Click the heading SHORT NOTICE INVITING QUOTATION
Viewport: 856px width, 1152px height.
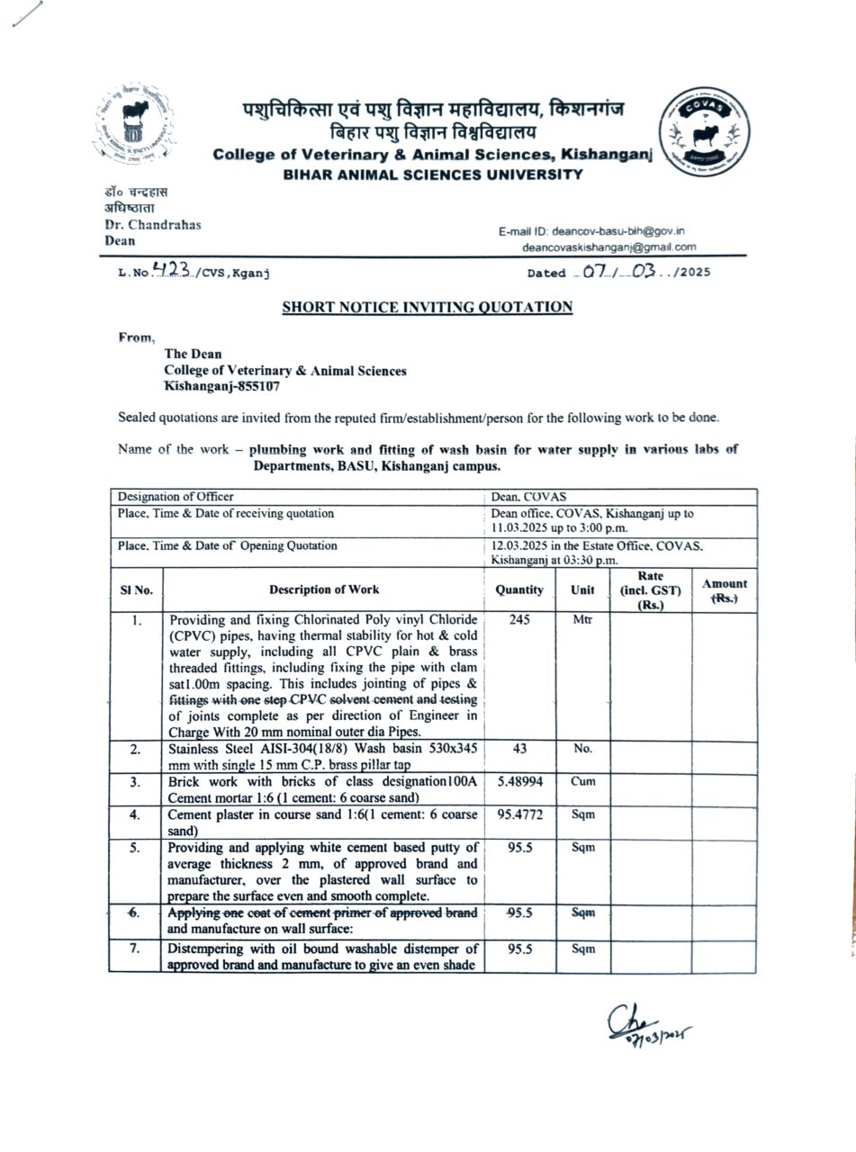(x=428, y=307)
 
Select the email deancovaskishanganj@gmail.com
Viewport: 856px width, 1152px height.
(x=609, y=247)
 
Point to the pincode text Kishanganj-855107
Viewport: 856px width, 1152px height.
(x=221, y=386)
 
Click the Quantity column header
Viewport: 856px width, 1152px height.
(x=519, y=590)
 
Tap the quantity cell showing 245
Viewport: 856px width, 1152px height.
(x=519, y=620)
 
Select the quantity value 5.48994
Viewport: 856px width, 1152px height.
(x=519, y=782)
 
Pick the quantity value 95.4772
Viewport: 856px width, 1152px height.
(x=519, y=814)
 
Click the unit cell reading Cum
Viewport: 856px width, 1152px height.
(x=582, y=782)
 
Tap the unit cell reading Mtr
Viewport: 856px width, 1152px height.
(x=582, y=620)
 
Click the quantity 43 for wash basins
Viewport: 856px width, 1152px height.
(x=519, y=750)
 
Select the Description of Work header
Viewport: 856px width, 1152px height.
(x=324, y=590)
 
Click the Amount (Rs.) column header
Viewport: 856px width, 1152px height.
(x=724, y=591)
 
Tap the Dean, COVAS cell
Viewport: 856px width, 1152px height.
(x=527, y=497)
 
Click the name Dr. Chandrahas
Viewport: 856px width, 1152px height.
(x=153, y=225)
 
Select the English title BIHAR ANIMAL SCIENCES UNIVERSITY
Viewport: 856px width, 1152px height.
(x=433, y=174)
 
